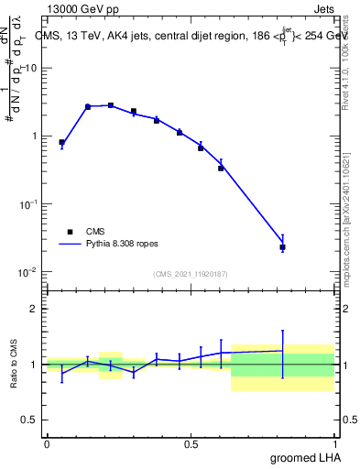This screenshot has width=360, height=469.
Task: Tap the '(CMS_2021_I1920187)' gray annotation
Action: click(x=190, y=273)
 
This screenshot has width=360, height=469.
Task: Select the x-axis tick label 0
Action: click(x=46, y=444)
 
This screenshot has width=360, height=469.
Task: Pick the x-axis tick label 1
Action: click(x=335, y=444)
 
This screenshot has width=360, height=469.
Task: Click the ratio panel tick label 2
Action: click(x=36, y=309)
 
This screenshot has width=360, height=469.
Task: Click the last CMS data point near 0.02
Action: click(x=283, y=247)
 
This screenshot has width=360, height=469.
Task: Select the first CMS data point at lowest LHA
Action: click(x=61, y=143)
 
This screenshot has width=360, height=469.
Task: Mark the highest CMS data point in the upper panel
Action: click(x=111, y=105)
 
